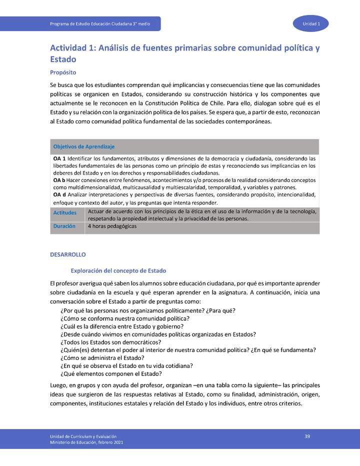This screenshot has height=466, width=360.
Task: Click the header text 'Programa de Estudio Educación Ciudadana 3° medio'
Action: [x=100, y=24]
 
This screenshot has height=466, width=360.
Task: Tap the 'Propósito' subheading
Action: [x=63, y=72]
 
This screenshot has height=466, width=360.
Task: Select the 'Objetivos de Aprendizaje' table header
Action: [x=84, y=146]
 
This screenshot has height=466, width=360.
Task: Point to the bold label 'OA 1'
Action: [x=59, y=158]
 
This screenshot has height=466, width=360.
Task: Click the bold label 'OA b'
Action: [x=59, y=179]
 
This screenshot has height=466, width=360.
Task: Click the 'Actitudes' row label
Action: [x=65, y=213]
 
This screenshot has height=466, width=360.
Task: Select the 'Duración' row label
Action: [x=64, y=226]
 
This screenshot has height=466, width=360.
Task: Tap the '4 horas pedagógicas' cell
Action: [x=112, y=226]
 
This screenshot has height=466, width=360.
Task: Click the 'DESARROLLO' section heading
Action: [x=68, y=254]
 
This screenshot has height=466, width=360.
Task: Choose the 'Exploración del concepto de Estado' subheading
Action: [x=115, y=270]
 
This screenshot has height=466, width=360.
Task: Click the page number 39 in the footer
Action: [x=307, y=436]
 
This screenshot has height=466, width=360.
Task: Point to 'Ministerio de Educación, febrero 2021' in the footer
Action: [x=86, y=442]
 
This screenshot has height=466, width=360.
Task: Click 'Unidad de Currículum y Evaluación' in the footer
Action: [x=83, y=436]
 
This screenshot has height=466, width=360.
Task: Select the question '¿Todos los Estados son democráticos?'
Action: [x=110, y=342]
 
